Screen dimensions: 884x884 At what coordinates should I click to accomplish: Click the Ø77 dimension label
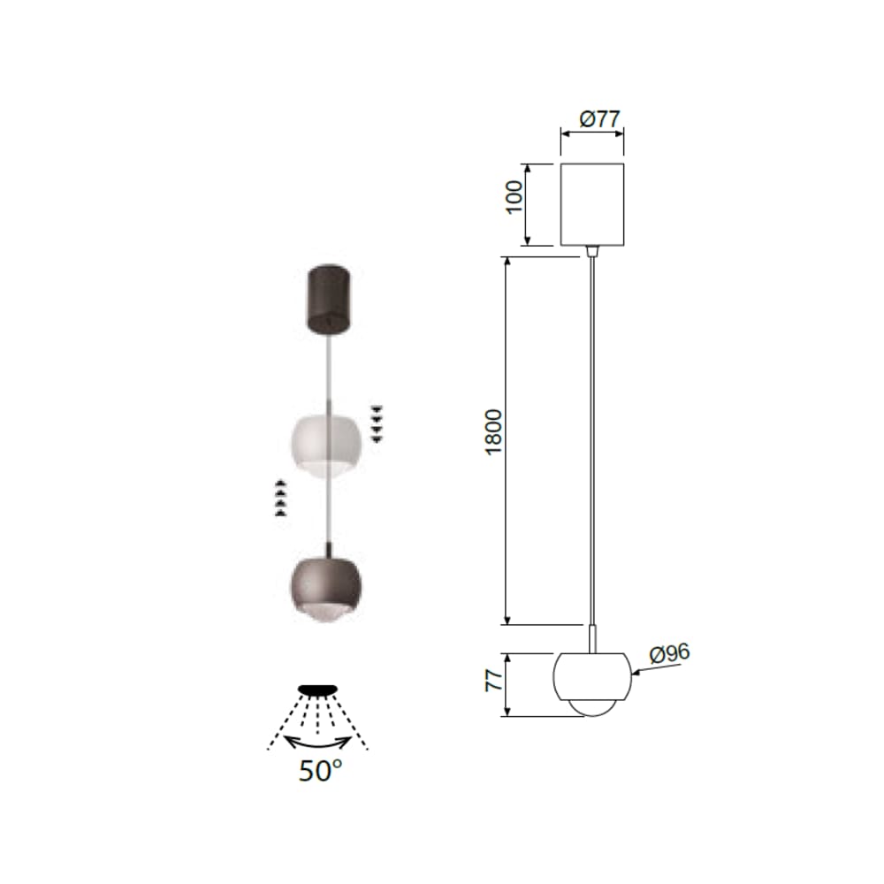pos(600,119)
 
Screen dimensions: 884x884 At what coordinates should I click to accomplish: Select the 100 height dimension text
pos(514,197)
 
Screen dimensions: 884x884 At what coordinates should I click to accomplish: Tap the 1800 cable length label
pos(493,432)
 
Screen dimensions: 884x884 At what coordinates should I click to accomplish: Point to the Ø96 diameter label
pos(670,653)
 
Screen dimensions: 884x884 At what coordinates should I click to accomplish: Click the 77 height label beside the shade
pos(494,681)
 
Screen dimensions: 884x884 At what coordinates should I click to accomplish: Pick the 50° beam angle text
pos(320,771)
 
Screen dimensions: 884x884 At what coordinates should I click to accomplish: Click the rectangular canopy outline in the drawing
pos(592,205)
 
